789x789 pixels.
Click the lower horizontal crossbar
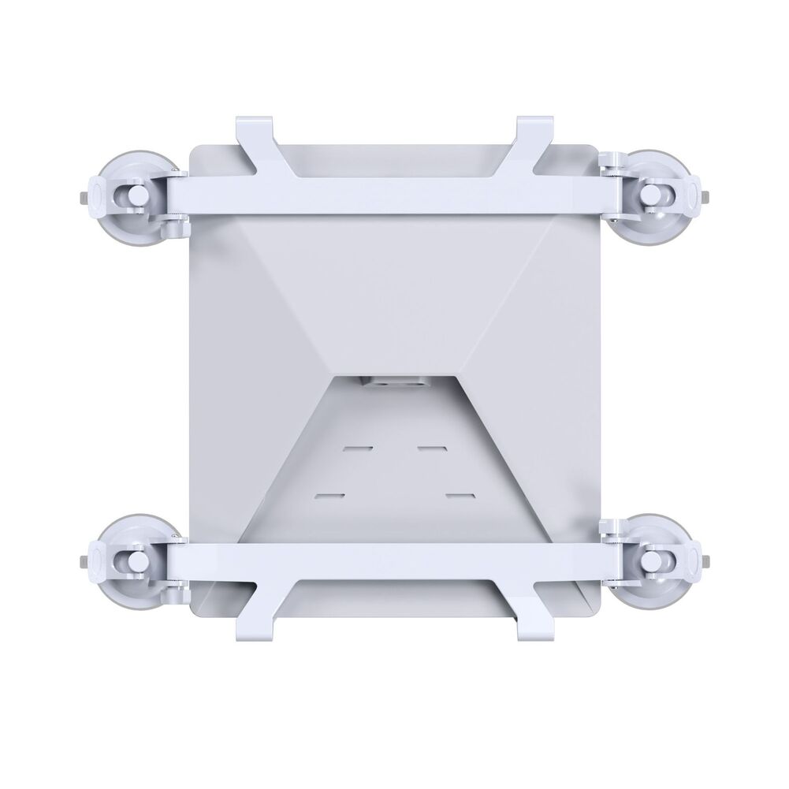click(x=394, y=560)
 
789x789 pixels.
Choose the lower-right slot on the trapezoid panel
click(x=458, y=495)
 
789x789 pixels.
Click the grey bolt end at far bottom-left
click(x=83, y=561)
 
